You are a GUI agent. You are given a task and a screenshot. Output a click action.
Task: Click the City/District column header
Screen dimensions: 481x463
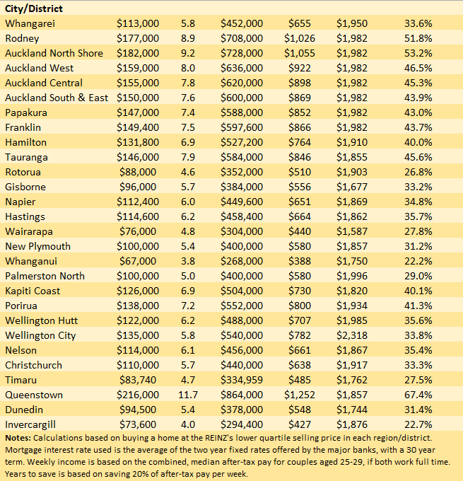tap(33, 8)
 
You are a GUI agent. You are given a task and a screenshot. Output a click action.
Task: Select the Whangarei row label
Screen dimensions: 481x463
tap(29, 23)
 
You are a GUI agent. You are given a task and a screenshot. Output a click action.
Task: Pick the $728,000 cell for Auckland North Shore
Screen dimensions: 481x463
tap(242, 53)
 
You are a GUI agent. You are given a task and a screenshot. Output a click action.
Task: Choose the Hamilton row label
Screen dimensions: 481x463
tap(25, 142)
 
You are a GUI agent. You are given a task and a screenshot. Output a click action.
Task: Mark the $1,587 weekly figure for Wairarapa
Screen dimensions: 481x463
tap(351, 231)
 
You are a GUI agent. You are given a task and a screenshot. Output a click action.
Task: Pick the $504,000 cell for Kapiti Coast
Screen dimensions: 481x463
tap(242, 291)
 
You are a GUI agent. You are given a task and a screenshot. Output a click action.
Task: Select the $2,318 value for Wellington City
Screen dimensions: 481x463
tap(351, 335)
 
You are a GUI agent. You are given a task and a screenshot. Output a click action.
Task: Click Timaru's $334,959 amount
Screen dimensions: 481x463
tap(242, 380)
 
